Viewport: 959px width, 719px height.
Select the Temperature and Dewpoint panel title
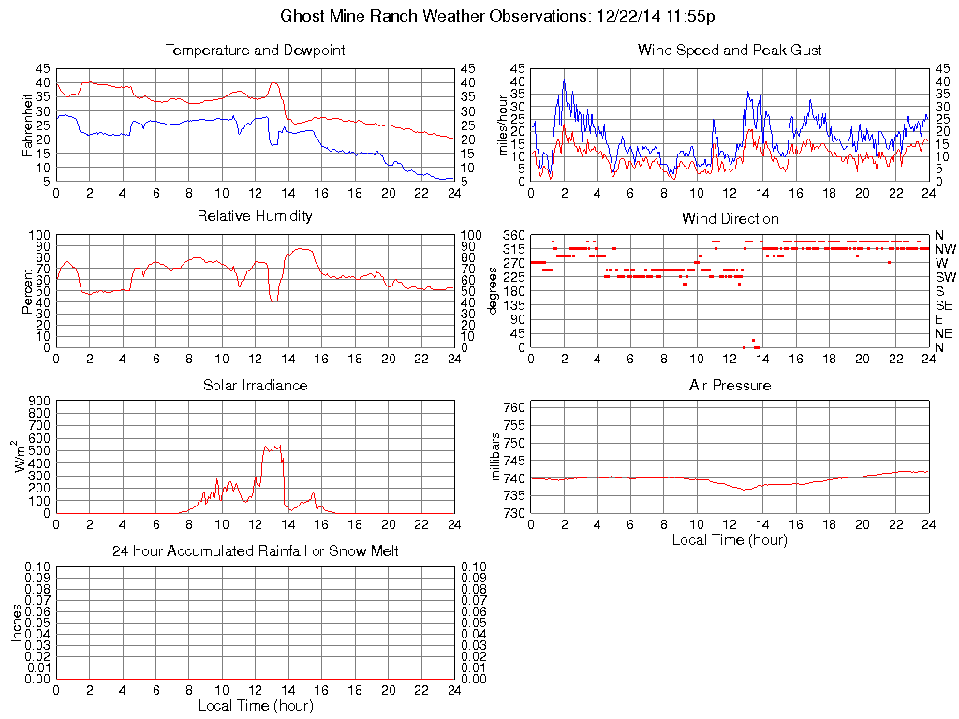[255, 50]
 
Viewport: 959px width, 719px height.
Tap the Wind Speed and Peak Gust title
[730, 50]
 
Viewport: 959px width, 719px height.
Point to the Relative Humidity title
[255, 216]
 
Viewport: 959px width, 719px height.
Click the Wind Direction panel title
[730, 218]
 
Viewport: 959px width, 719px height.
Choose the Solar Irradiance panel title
[255, 385]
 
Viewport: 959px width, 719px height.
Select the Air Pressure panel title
[730, 385]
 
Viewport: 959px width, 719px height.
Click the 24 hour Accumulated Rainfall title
[255, 551]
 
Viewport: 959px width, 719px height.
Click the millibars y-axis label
[497, 458]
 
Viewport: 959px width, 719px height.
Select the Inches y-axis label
[16, 623]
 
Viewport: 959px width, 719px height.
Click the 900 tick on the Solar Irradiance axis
[38, 400]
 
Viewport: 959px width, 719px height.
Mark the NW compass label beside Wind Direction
[945, 249]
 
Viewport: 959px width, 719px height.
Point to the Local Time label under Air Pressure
[730, 539]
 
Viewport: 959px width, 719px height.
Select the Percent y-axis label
[27, 291]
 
